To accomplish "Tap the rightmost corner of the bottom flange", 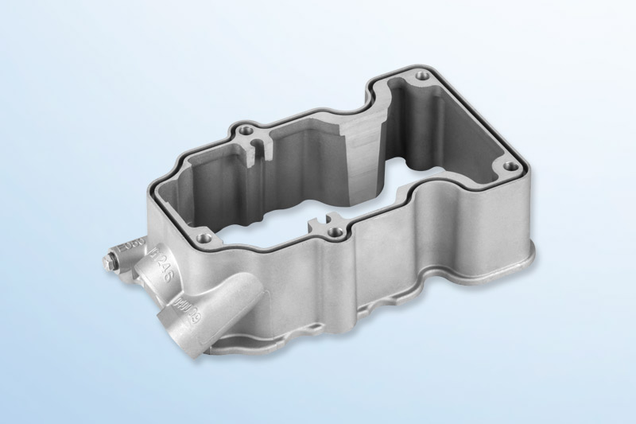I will click(x=531, y=256).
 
